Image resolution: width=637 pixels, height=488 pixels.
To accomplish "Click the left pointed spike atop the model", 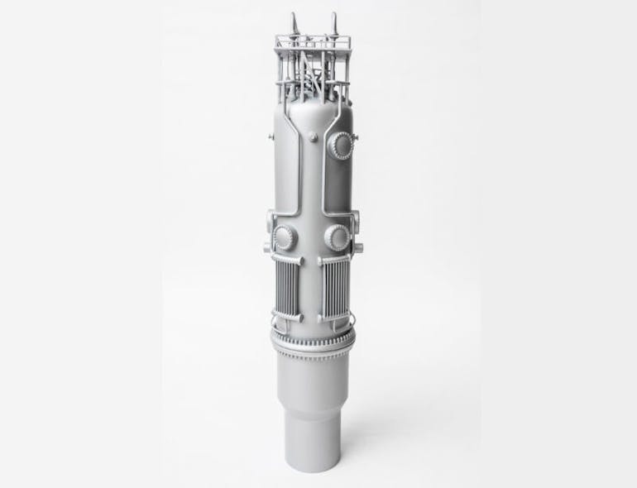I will pos(294,22).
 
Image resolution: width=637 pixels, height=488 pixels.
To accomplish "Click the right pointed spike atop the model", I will pos(333,22).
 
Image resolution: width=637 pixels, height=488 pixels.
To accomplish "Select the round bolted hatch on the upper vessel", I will pos(341,146).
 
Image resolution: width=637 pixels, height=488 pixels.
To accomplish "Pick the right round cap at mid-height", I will pos(336,238).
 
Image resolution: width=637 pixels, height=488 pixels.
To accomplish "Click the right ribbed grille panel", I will pos(335,289).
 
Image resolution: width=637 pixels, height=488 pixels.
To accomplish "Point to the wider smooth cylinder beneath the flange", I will pos(313,376).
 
